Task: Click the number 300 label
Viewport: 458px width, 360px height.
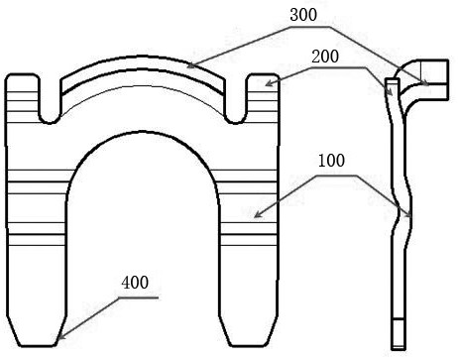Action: coord(303,15)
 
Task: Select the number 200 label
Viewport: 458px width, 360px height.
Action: coord(325,57)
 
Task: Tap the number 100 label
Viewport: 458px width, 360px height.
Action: coord(331,161)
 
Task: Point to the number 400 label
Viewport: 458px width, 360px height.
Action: coord(135,283)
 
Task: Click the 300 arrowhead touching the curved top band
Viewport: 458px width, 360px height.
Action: coord(191,65)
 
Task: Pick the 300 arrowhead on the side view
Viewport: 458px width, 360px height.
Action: coord(425,83)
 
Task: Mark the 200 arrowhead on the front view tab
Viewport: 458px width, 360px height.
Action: coord(269,83)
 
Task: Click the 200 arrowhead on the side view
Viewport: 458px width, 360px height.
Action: coord(391,92)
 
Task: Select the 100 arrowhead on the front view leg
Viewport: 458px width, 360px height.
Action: coord(258,214)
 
